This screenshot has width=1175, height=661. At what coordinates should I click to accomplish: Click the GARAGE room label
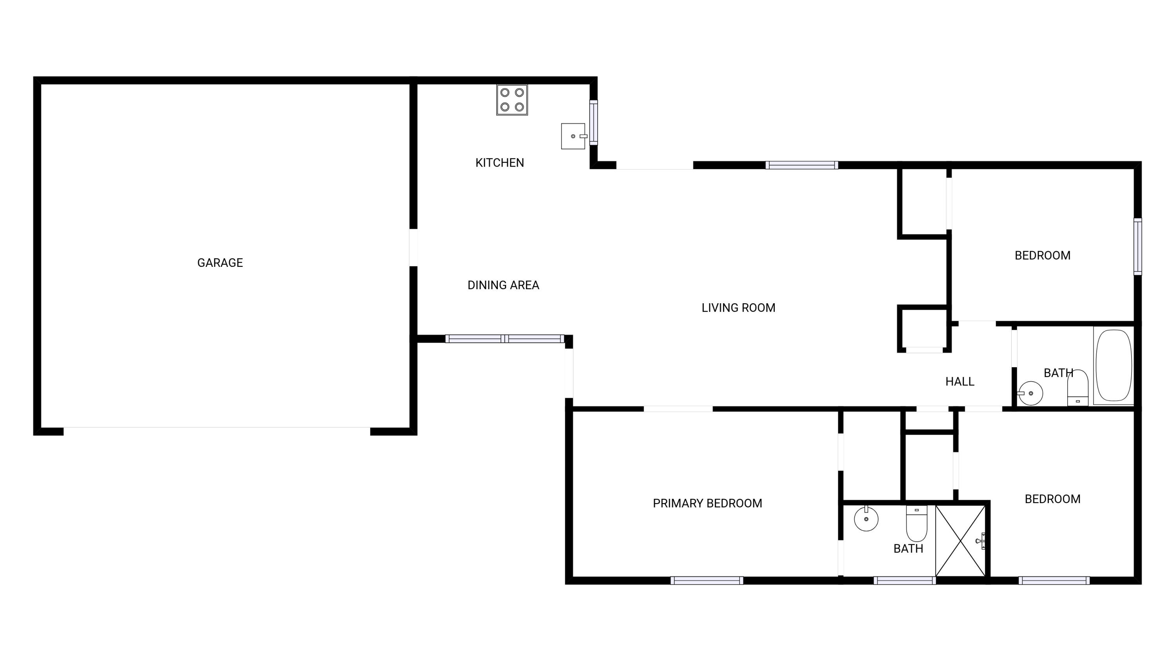click(220, 263)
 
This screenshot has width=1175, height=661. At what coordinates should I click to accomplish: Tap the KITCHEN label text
click(499, 163)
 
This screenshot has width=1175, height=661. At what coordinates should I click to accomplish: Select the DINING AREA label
click(503, 285)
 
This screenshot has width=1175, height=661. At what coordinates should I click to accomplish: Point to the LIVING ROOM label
click(738, 308)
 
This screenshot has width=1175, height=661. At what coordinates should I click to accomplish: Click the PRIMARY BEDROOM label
click(707, 503)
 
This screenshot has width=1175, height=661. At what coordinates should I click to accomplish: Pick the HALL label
click(960, 381)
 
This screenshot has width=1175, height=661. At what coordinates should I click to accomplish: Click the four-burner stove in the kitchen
click(512, 100)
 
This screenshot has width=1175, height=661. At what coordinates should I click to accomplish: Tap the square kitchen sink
click(573, 136)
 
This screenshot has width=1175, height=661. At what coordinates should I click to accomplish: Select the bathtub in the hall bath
click(1114, 366)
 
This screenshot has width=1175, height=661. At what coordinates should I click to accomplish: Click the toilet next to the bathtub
click(1078, 388)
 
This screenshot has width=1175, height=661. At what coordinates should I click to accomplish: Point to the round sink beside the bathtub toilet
click(1030, 393)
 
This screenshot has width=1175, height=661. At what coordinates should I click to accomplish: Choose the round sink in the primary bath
click(866, 519)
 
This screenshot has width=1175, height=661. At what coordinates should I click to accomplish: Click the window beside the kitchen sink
click(593, 122)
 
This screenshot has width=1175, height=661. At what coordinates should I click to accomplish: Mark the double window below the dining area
click(504, 339)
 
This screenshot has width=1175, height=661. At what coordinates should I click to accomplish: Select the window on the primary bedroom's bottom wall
click(707, 580)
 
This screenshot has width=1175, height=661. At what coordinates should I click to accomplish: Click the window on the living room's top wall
click(801, 165)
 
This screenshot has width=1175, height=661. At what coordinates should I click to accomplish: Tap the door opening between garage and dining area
click(413, 247)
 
